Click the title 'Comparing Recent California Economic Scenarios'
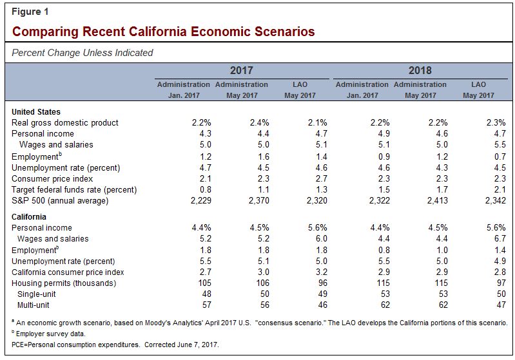pyautogui.click(x=164, y=31)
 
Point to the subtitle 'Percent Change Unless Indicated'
pyautogui.click(x=83, y=53)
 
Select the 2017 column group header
pyautogui.click(x=241, y=70)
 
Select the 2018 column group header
pyautogui.click(x=420, y=70)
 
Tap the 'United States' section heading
pyautogui.click(x=36, y=111)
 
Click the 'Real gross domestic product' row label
pyautogui.click(x=65, y=122)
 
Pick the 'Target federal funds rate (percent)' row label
pyautogui.click(x=75, y=189)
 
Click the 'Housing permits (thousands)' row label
pyautogui.click(x=64, y=283)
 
